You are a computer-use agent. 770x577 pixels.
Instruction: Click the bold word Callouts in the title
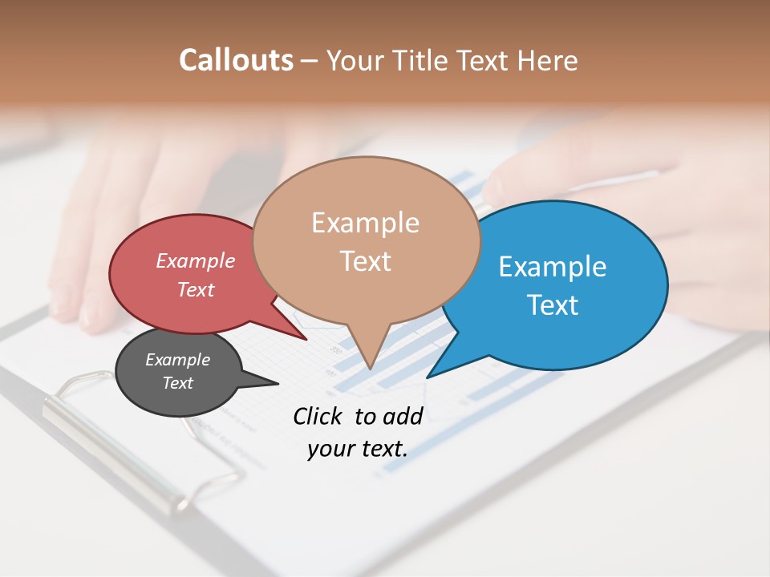[x=236, y=60]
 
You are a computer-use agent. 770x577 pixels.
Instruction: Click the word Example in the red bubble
[x=196, y=260]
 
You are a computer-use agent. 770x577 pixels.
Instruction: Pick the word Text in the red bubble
[x=196, y=289]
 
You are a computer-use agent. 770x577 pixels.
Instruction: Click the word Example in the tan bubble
[x=365, y=223]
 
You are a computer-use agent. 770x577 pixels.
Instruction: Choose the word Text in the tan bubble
[x=365, y=261]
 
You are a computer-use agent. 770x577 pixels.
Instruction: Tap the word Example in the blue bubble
[x=553, y=266]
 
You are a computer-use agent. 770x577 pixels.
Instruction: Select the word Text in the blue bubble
[x=553, y=305]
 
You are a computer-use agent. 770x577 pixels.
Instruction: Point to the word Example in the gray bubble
[x=177, y=360]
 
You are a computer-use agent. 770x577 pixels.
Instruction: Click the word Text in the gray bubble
[x=177, y=383]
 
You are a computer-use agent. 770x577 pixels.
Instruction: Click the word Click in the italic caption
[x=319, y=416]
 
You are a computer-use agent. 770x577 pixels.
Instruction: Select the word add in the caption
[x=403, y=416]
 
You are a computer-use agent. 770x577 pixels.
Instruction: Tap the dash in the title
[x=310, y=61]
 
